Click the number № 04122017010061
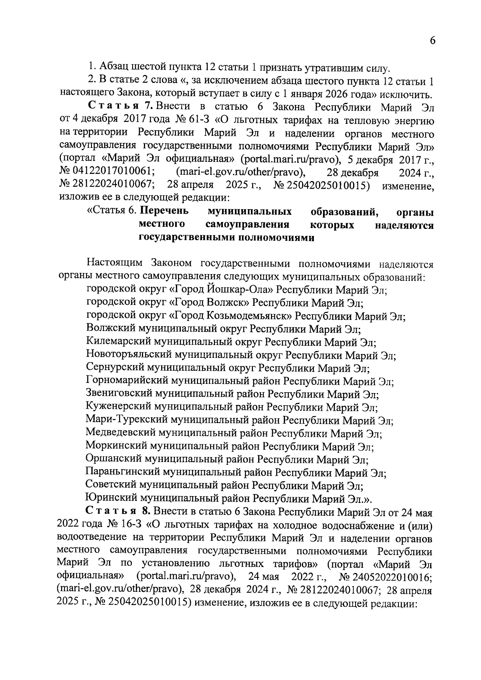coord(107,172)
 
